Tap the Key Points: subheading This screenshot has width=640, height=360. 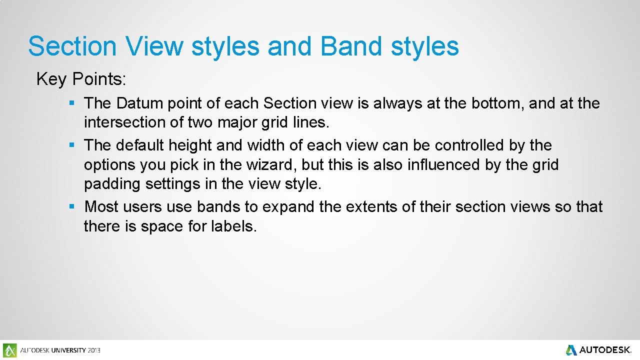tap(81, 79)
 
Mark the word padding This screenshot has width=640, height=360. tap(112, 184)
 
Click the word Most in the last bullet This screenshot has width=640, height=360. tap(101, 206)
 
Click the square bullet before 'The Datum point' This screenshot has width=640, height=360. tap(72, 103)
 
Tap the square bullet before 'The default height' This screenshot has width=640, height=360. tap(72, 145)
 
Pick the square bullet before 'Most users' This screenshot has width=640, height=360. tap(72, 206)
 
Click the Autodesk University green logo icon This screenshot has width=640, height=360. tap(9, 350)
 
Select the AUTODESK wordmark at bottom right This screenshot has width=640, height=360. tap(605, 350)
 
